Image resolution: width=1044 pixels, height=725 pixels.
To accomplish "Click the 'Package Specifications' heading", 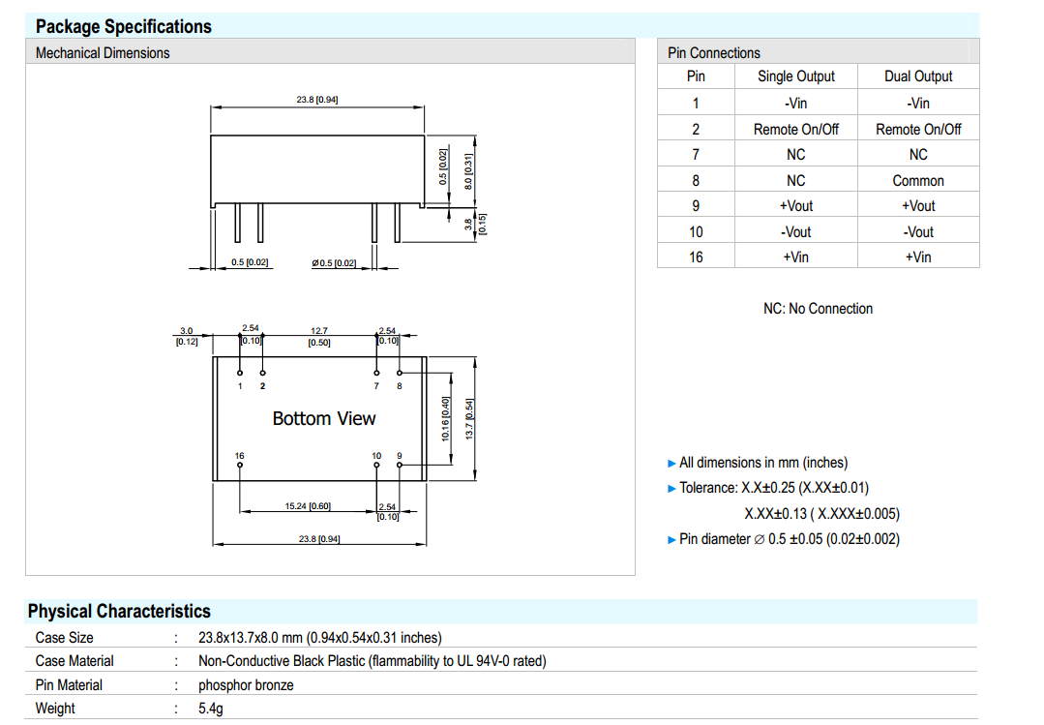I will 123,26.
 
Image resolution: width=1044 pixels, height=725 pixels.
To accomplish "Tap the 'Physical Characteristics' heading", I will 119,611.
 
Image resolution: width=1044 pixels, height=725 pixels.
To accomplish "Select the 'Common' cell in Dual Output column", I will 918,180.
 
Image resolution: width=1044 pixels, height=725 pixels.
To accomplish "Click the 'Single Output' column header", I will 795,76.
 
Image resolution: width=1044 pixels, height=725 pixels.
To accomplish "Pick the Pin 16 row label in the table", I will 696,257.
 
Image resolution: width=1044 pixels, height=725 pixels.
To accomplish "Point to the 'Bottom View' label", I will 323,418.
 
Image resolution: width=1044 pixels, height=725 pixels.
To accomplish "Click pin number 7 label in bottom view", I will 376,386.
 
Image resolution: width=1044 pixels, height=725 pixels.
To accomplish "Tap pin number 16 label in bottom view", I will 240,455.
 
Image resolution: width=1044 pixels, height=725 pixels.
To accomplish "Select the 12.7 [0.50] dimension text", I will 319,336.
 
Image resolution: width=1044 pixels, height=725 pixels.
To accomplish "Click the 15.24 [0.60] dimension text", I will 308,506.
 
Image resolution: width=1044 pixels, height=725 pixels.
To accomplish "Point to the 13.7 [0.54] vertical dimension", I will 470,418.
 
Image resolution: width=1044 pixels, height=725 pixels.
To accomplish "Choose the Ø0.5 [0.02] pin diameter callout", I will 334,262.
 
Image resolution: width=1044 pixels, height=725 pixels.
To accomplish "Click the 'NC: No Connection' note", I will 818,309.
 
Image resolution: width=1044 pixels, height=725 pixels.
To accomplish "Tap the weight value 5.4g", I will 212,709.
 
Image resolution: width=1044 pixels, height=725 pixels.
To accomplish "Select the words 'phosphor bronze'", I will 246,685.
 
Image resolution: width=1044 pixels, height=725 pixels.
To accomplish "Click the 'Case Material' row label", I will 75,661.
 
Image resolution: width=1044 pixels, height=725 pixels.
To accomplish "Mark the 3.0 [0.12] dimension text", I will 187,336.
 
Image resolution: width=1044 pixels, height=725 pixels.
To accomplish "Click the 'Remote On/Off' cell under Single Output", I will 795,129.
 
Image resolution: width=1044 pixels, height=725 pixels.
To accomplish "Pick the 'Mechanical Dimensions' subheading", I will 103,53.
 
